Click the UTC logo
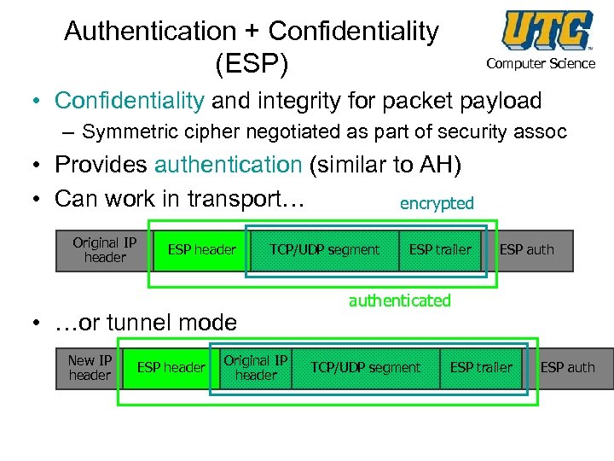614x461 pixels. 547,31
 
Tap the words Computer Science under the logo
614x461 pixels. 541,64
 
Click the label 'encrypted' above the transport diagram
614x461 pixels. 437,203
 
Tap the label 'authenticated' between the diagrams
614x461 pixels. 399,301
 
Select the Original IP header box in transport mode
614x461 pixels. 104,249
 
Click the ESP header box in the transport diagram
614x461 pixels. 202,249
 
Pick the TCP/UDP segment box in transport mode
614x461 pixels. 324,249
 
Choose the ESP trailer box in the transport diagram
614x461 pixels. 440,249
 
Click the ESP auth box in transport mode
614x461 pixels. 526,249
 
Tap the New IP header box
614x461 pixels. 90,368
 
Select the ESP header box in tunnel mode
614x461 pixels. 171,368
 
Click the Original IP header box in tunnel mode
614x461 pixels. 255,368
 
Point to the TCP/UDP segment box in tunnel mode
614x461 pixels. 365,368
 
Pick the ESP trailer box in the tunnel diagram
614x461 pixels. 481,368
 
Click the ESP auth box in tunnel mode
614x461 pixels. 568,368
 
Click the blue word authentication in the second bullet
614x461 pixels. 229,164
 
